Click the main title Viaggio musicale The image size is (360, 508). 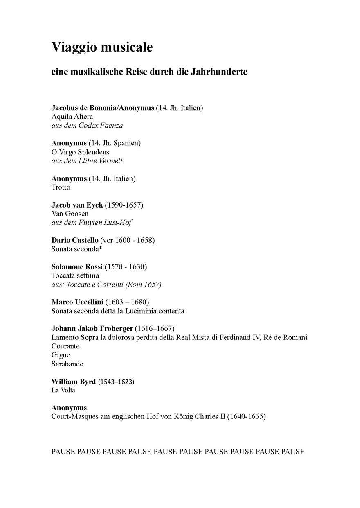tap(102, 47)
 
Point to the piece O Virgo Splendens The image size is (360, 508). tap(80, 152)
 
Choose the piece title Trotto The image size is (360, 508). tap(61, 187)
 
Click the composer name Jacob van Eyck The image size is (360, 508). tap(77, 205)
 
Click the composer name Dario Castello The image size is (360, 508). tap(75, 240)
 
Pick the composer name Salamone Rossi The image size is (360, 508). tap(77, 267)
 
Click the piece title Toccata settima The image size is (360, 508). tap(75, 275)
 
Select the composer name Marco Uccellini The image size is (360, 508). tap(77, 302)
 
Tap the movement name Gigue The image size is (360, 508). tap(61, 355)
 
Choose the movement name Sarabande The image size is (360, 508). tap(67, 364)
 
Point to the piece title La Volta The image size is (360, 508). tap(63, 390)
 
